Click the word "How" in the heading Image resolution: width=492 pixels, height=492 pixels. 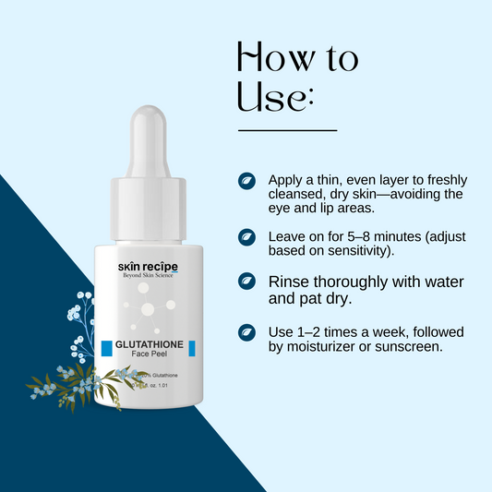pyautogui.click(x=270, y=58)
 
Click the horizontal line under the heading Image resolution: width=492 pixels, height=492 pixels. pyautogui.click(x=287, y=131)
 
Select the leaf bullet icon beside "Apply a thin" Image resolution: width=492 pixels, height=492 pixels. pyautogui.click(x=247, y=180)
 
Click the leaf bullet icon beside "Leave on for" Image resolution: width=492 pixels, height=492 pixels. pyautogui.click(x=247, y=237)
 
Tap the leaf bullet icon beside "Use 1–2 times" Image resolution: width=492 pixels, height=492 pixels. pyautogui.click(x=247, y=332)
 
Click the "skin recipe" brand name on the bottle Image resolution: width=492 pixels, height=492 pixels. pyautogui.click(x=148, y=268)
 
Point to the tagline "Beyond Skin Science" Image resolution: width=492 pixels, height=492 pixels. pyautogui.click(x=148, y=279)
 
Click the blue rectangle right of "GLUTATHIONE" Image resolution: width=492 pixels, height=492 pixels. pyautogui.click(x=193, y=348)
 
